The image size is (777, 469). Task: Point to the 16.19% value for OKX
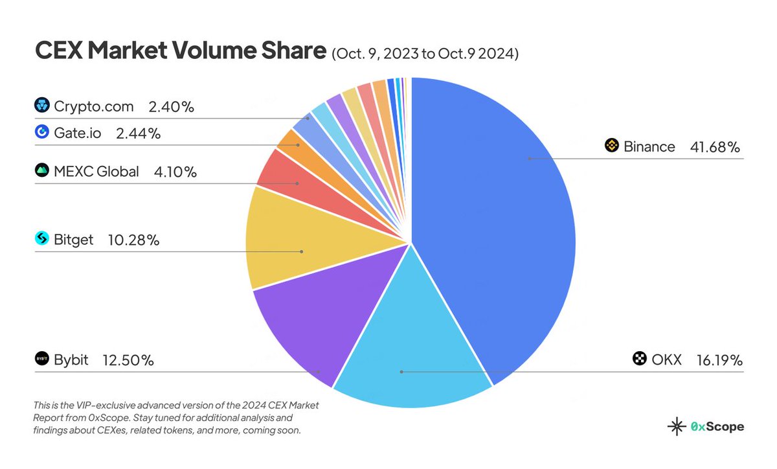point(719,360)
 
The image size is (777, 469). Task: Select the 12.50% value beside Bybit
point(128,360)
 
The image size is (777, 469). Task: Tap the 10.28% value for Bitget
point(133,240)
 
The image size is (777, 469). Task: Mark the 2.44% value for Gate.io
point(137,133)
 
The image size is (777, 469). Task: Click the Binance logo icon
point(612,146)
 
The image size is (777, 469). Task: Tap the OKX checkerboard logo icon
point(640,359)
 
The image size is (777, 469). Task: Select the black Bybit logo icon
point(42,360)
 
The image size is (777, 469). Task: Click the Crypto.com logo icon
point(42,106)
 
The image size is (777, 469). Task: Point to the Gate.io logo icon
point(42,133)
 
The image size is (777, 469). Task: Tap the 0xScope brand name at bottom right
point(717,427)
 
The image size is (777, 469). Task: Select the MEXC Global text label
point(96,172)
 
